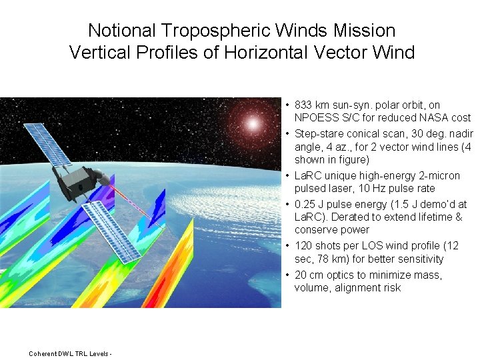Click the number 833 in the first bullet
pyautogui.click(x=304, y=105)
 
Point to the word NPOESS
pyautogui.click(x=315, y=117)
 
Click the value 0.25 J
pyautogui.click(x=309, y=205)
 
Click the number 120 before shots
pyautogui.click(x=303, y=246)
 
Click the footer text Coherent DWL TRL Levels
pyautogui.click(x=69, y=353)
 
